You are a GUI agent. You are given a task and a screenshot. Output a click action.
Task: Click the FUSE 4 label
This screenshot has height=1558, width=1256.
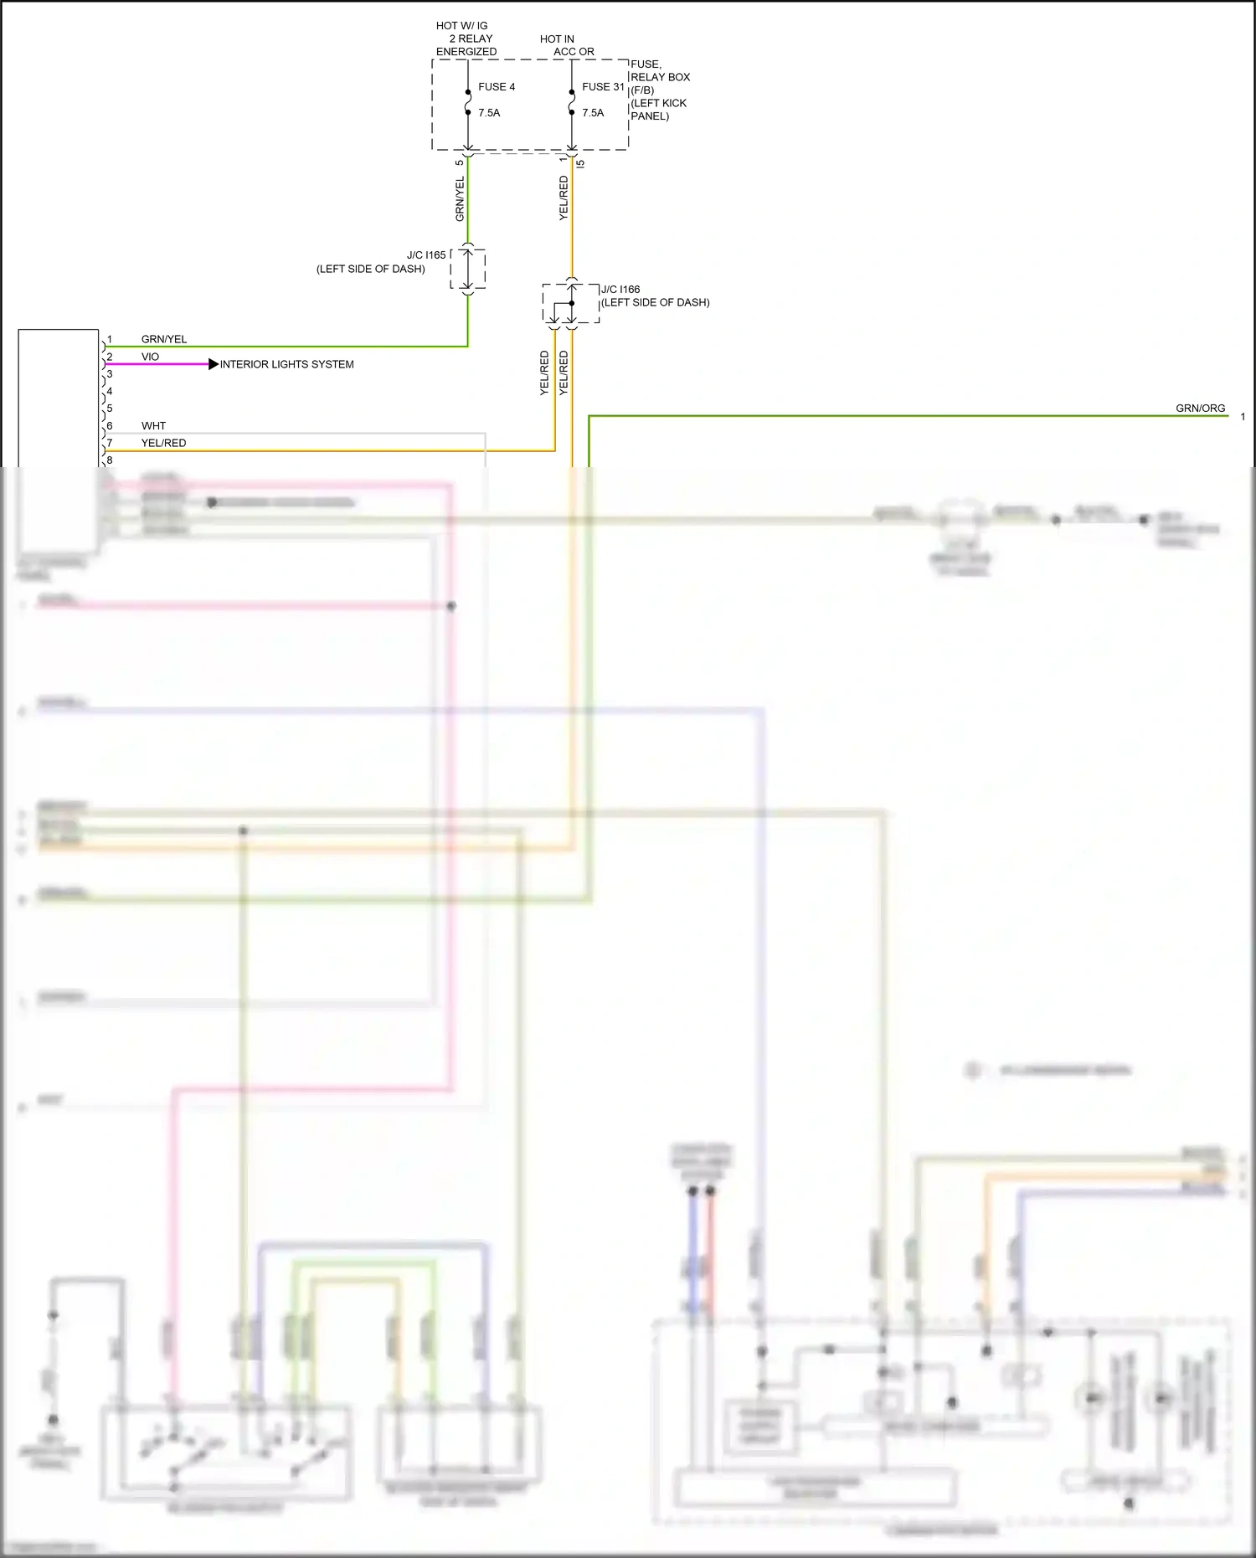point(497,87)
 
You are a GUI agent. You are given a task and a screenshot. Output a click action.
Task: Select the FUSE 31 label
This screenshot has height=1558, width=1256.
point(603,87)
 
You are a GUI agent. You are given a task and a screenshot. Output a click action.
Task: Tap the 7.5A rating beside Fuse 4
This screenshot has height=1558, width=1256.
point(489,113)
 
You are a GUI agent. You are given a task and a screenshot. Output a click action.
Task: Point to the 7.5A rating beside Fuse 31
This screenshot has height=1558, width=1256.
point(593,113)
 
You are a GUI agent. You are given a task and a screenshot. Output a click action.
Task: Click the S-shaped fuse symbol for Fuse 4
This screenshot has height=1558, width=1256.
point(468,101)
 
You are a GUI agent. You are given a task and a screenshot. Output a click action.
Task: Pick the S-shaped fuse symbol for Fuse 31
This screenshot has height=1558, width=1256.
point(572,101)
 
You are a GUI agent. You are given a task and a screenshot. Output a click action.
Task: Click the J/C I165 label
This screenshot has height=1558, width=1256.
point(426,255)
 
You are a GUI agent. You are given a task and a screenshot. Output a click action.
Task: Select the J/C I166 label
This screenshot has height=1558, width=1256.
point(620,290)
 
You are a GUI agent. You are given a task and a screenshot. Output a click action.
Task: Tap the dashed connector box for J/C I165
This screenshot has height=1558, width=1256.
point(468,270)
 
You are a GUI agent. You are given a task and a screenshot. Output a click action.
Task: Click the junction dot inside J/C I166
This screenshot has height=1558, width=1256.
point(572,303)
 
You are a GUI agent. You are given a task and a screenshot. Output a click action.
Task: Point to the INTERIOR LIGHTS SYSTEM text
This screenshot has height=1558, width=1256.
point(286,364)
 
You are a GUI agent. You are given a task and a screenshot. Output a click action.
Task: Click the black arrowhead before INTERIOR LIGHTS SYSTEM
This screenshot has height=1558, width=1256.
point(214,364)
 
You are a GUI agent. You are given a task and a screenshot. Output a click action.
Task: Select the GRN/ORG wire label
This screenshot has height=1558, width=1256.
point(1200,409)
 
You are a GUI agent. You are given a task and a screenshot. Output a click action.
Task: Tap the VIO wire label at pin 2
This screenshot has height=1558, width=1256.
point(150,357)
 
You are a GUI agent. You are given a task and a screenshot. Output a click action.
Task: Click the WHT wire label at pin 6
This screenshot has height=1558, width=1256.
point(153,426)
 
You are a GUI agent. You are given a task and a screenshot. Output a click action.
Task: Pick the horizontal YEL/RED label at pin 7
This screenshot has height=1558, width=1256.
point(163,443)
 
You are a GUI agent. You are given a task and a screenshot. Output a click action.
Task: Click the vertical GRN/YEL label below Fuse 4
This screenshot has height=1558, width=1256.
point(460,199)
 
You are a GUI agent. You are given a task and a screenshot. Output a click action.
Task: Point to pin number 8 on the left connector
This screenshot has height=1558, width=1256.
point(110,460)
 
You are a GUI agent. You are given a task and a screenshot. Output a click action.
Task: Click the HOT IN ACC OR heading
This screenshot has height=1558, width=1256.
point(566,45)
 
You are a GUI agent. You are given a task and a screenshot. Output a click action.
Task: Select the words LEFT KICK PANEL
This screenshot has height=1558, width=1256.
point(658,110)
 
